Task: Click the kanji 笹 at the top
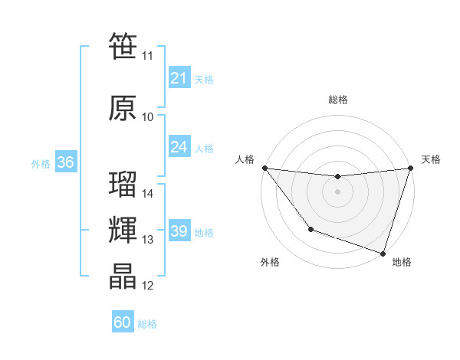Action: tap(123, 46)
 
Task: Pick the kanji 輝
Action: tap(123, 231)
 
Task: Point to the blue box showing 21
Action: tap(179, 77)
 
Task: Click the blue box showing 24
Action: tap(179, 146)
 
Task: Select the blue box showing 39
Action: tap(179, 231)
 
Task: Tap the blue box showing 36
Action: tap(65, 162)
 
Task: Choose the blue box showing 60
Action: tap(123, 322)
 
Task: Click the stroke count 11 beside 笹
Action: tap(147, 56)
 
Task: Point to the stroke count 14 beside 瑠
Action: tap(148, 194)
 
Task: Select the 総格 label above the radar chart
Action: tap(337, 100)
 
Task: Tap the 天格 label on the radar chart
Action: tap(431, 159)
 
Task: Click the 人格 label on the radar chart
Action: tap(245, 159)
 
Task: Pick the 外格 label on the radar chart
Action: tap(270, 263)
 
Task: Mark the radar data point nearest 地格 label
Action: tap(383, 253)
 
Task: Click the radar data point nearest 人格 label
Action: tap(264, 168)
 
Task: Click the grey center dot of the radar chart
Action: tap(337, 191)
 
